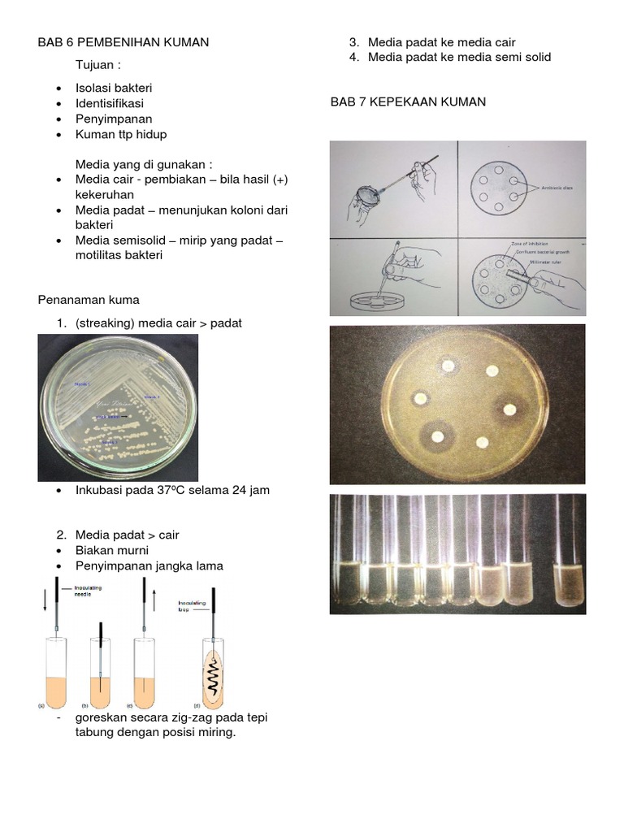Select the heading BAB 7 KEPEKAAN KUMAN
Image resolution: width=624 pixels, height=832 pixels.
tap(408, 102)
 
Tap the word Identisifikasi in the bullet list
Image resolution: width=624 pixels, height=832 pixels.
tap(110, 103)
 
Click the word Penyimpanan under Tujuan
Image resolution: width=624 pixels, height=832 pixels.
tap(109, 119)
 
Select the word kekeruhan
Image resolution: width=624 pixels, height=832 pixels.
tap(105, 195)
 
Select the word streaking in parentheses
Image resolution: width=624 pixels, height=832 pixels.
tap(105, 323)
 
